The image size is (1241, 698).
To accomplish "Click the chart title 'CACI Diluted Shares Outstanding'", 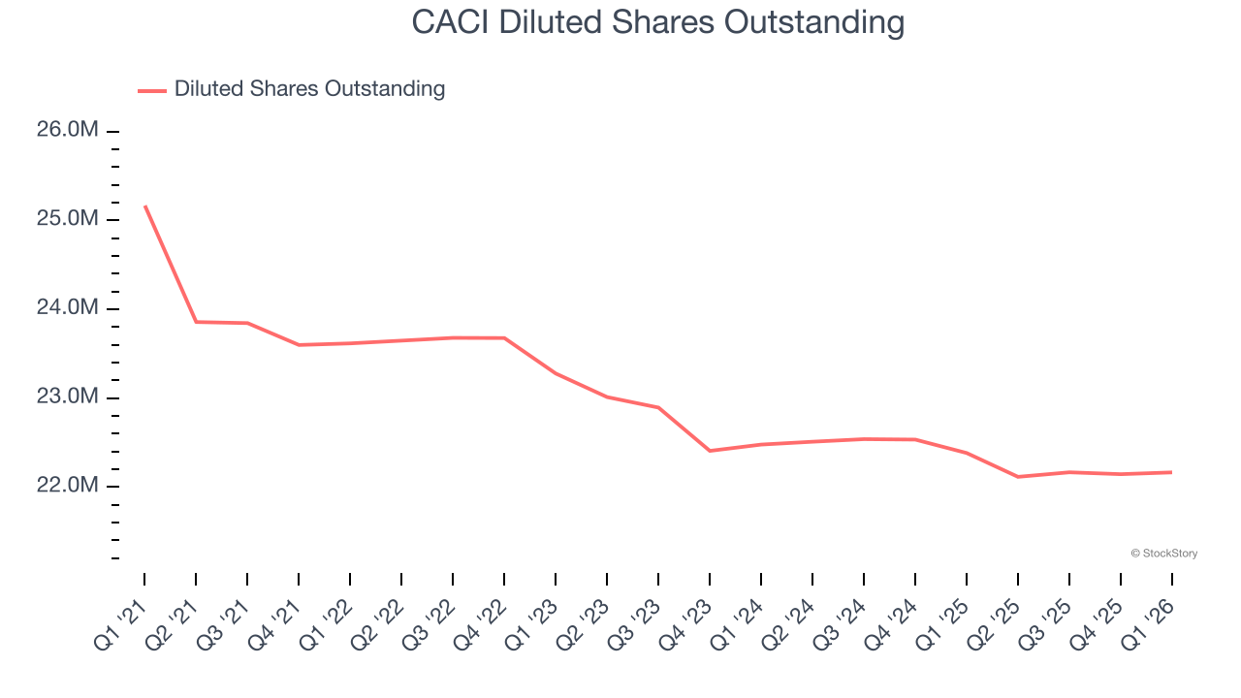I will tap(657, 22).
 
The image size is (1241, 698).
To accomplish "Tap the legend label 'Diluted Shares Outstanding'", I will tap(309, 89).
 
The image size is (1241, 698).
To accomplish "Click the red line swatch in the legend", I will tap(152, 90).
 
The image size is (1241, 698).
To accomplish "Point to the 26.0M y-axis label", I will tap(68, 130).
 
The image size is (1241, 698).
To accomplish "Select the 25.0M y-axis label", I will tap(68, 219).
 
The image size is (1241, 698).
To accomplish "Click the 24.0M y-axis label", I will tap(68, 308).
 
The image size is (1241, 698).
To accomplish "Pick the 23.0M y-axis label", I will tap(68, 397).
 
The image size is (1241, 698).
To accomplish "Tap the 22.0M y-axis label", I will tap(68, 486).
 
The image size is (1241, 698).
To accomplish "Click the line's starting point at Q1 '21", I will tap(144, 206).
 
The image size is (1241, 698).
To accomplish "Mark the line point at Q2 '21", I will tap(196, 322).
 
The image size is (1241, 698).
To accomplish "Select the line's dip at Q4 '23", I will tap(710, 451).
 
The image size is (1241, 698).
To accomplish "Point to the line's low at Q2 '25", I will tap(1018, 477).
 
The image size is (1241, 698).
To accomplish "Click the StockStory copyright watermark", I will tap(1163, 554).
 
